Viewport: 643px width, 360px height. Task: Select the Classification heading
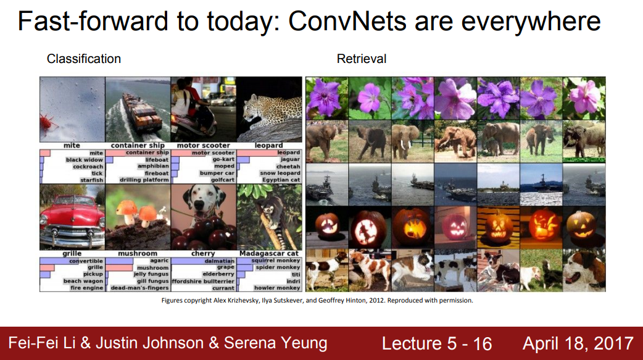pyautogui.click(x=84, y=59)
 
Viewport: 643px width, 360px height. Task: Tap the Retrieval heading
pyautogui.click(x=361, y=59)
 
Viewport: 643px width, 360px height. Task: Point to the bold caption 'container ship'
pyautogui.click(x=138, y=145)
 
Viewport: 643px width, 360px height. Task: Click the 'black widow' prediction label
pyautogui.click(x=85, y=160)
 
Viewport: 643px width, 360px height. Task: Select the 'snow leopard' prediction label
pyautogui.click(x=280, y=173)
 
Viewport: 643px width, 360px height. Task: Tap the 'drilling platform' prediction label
pyautogui.click(x=144, y=180)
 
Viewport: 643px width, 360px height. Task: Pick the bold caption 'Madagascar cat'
pyautogui.click(x=269, y=253)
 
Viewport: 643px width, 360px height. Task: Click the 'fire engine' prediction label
pyautogui.click(x=86, y=288)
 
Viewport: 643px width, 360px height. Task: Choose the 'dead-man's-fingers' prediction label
pyautogui.click(x=140, y=288)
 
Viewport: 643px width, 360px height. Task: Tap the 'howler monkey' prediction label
pyautogui.click(x=277, y=288)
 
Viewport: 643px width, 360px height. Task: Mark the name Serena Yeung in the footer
pyautogui.click(x=275, y=343)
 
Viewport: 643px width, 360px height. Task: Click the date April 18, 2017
pyautogui.click(x=578, y=343)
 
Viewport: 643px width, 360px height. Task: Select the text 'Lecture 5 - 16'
pyautogui.click(x=437, y=343)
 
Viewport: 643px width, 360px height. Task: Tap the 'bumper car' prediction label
pyautogui.click(x=217, y=173)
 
